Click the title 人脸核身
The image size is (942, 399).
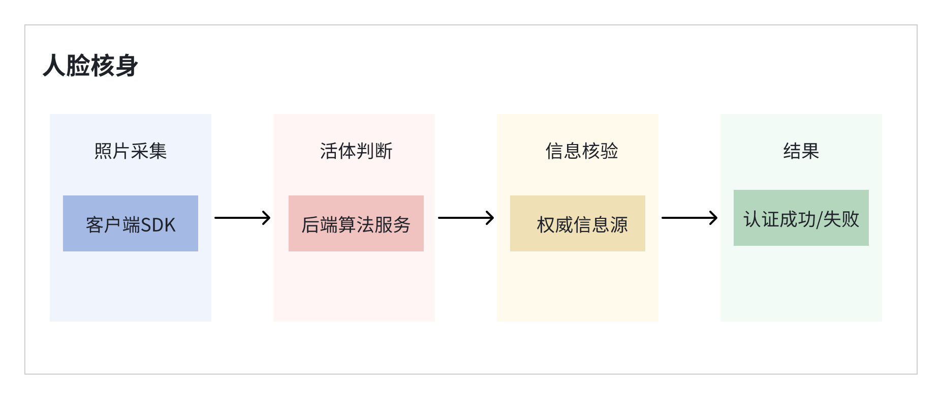pyautogui.click(x=90, y=66)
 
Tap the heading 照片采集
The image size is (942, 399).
pyautogui.click(x=131, y=151)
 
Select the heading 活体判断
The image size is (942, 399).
pyautogui.click(x=356, y=151)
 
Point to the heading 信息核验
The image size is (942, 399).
pyautogui.click(x=582, y=151)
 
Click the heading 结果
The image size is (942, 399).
pyautogui.click(x=801, y=151)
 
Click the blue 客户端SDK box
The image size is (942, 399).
pyautogui.click(x=131, y=223)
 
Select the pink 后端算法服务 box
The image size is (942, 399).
pyautogui.click(x=356, y=223)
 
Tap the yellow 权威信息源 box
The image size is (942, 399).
pyautogui.click(x=578, y=223)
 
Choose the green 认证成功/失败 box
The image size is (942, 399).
pyautogui.click(x=801, y=218)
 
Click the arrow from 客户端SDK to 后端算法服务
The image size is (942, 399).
pyautogui.click(x=242, y=218)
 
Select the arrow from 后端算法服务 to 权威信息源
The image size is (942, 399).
pyautogui.click(x=466, y=218)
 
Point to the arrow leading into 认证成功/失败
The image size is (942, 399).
pyautogui.click(x=689, y=218)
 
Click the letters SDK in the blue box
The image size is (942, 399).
pyautogui.click(x=158, y=225)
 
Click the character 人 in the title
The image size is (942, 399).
pyautogui.click(x=54, y=66)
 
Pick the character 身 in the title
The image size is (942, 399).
pyautogui.click(x=127, y=66)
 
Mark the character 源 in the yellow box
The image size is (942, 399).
pyautogui.click(x=619, y=225)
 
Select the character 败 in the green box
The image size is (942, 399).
pyautogui.click(x=850, y=219)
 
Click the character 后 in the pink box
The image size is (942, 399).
pyautogui.click(x=310, y=225)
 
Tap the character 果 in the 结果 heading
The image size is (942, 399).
pyautogui.click(x=810, y=151)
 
